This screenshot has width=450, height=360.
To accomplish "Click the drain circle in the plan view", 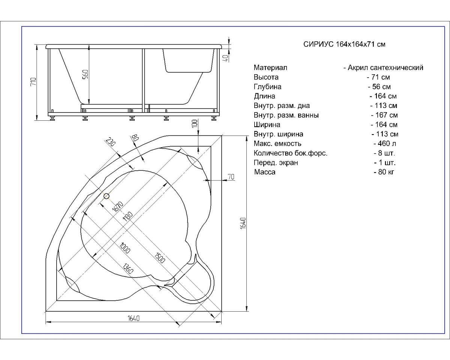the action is click(x=106, y=196).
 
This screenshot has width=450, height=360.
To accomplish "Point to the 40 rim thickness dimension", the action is click(x=226, y=58).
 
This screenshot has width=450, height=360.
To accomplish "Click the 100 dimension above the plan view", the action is click(x=195, y=123).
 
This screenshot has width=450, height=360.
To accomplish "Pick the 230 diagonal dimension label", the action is click(x=111, y=142).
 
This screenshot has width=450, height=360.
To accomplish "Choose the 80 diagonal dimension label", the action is click(x=135, y=138).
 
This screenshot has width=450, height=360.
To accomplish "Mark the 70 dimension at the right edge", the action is click(x=231, y=177).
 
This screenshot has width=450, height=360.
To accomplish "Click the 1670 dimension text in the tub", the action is click(x=117, y=207).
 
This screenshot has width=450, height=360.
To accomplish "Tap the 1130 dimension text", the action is click(x=128, y=216).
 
